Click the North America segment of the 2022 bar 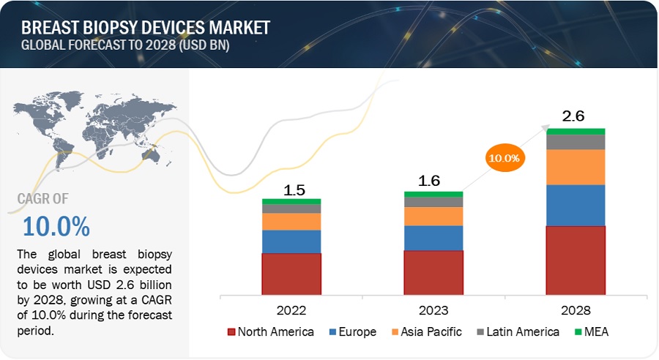coord(291,273)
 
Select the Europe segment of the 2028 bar coord(576,205)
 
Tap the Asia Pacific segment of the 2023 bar coord(433,216)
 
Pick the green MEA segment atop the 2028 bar coord(576,132)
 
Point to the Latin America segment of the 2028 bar coord(576,142)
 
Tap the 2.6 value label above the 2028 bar coord(573,116)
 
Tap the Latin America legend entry coord(518,331)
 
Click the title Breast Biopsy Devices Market coord(146,28)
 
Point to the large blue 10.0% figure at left coord(56,226)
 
